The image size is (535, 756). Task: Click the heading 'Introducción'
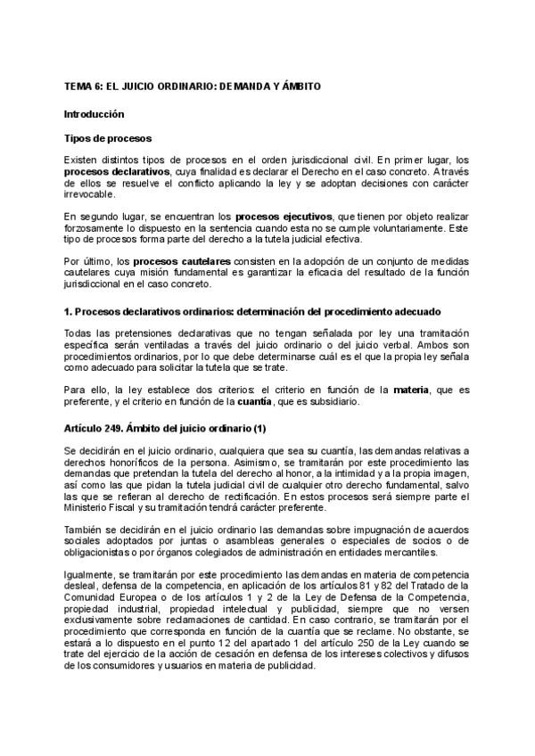(x=94, y=114)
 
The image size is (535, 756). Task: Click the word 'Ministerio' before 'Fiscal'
(x=88, y=507)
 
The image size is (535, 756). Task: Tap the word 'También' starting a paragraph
(x=83, y=530)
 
